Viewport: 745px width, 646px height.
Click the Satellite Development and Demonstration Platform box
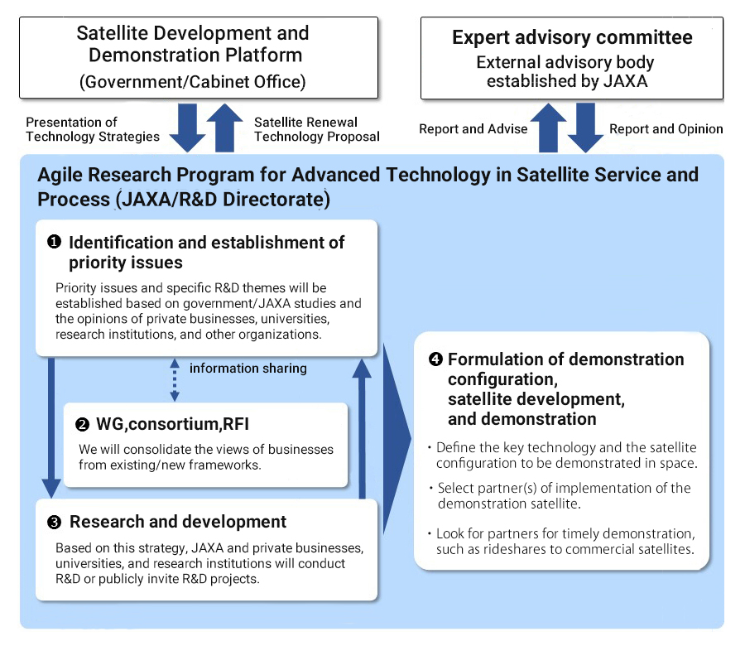click(x=199, y=57)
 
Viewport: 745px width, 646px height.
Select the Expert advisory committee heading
click(x=572, y=37)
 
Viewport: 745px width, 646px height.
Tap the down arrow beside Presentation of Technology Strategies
click(x=188, y=128)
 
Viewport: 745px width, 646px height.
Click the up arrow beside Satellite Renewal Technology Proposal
click(x=224, y=128)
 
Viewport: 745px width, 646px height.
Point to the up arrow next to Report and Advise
click(x=548, y=128)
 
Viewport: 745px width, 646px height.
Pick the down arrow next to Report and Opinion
click(x=585, y=128)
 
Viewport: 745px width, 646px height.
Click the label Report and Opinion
click(x=666, y=129)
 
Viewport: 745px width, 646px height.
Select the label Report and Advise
click(x=473, y=129)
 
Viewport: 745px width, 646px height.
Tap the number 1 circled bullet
click(x=54, y=242)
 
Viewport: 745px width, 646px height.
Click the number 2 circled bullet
click(x=82, y=424)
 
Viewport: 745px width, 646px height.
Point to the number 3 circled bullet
click(x=54, y=523)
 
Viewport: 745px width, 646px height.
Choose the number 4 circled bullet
click(x=435, y=359)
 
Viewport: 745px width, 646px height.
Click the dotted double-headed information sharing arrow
click(x=175, y=379)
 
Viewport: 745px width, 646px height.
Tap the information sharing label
click(x=248, y=369)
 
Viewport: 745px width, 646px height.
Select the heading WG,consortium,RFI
click(x=172, y=423)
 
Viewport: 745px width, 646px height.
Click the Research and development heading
click(x=178, y=522)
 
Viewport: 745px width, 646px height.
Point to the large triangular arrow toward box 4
click(x=397, y=438)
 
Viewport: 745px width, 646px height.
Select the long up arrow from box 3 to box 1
click(x=362, y=429)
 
